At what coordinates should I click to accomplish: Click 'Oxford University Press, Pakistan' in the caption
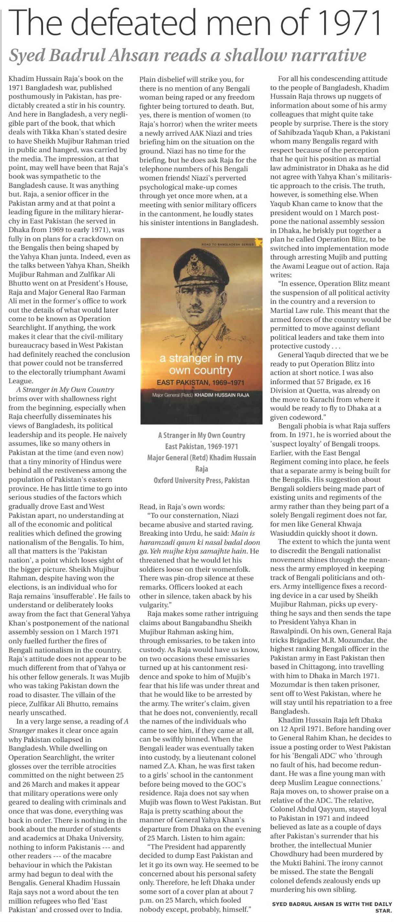pyautogui.click(x=202, y=480)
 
